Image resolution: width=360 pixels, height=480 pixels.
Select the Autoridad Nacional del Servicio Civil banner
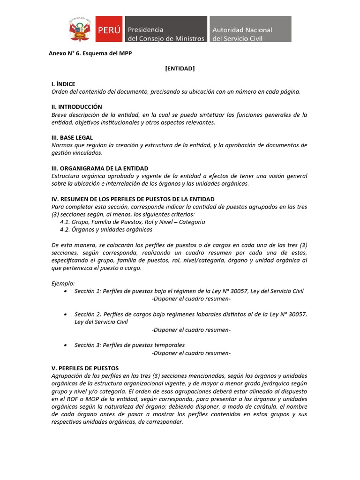click(250, 30)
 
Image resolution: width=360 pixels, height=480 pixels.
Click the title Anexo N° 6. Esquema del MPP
click(90, 53)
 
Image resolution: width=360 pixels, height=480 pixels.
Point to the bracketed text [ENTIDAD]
click(180, 68)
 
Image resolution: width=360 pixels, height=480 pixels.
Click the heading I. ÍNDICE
click(63, 84)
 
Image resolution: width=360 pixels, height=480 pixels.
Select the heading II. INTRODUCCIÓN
click(76, 107)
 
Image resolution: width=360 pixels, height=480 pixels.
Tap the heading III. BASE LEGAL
click(72, 137)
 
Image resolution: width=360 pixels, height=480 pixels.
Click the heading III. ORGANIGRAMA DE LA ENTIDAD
click(100, 168)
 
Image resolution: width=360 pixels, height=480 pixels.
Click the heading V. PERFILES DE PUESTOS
click(85, 368)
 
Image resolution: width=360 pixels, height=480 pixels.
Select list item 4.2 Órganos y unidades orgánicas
click(106, 230)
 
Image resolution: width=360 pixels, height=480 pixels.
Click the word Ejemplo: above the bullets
click(63, 284)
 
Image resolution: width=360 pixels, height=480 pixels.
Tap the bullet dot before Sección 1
click(65, 292)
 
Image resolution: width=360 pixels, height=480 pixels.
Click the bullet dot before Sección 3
click(65, 345)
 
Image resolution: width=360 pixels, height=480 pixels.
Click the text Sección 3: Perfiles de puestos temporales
click(129, 345)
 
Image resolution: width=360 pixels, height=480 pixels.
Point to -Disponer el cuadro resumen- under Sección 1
click(191, 299)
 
